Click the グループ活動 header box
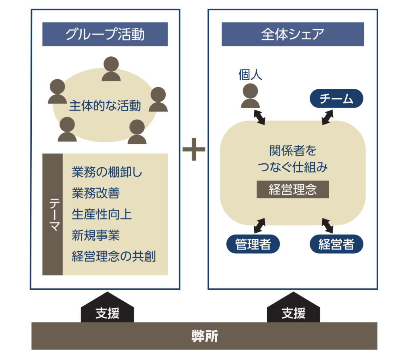[105, 34]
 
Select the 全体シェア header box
[293, 34]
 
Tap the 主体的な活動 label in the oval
[105, 106]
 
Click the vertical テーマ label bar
[53, 214]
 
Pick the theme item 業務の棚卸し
[107, 172]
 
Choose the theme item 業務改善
[96, 193]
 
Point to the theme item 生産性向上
[101, 214]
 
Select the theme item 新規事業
[96, 236]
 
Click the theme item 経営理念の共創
[114, 257]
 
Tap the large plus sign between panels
[194, 149]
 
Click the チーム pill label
[336, 99]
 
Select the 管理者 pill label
[253, 244]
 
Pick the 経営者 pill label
[336, 244]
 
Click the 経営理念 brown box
[293, 190]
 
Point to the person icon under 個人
[250, 96]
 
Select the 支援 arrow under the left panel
[107, 310]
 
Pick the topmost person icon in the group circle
[111, 69]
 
